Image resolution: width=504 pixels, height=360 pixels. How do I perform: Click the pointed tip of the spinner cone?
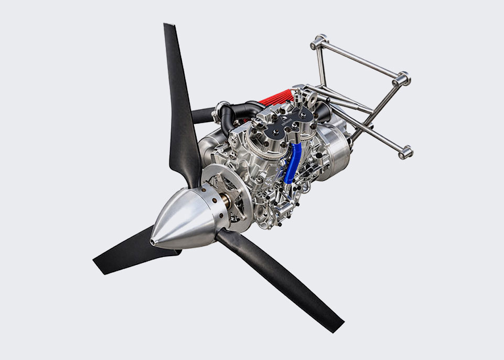tap(152, 241)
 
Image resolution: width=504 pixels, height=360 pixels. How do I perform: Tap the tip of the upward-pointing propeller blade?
tap(169, 26)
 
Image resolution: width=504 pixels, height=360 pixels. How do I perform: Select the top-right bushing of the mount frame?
tap(402, 78)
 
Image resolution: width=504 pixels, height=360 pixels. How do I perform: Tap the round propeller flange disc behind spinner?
tap(212, 184)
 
